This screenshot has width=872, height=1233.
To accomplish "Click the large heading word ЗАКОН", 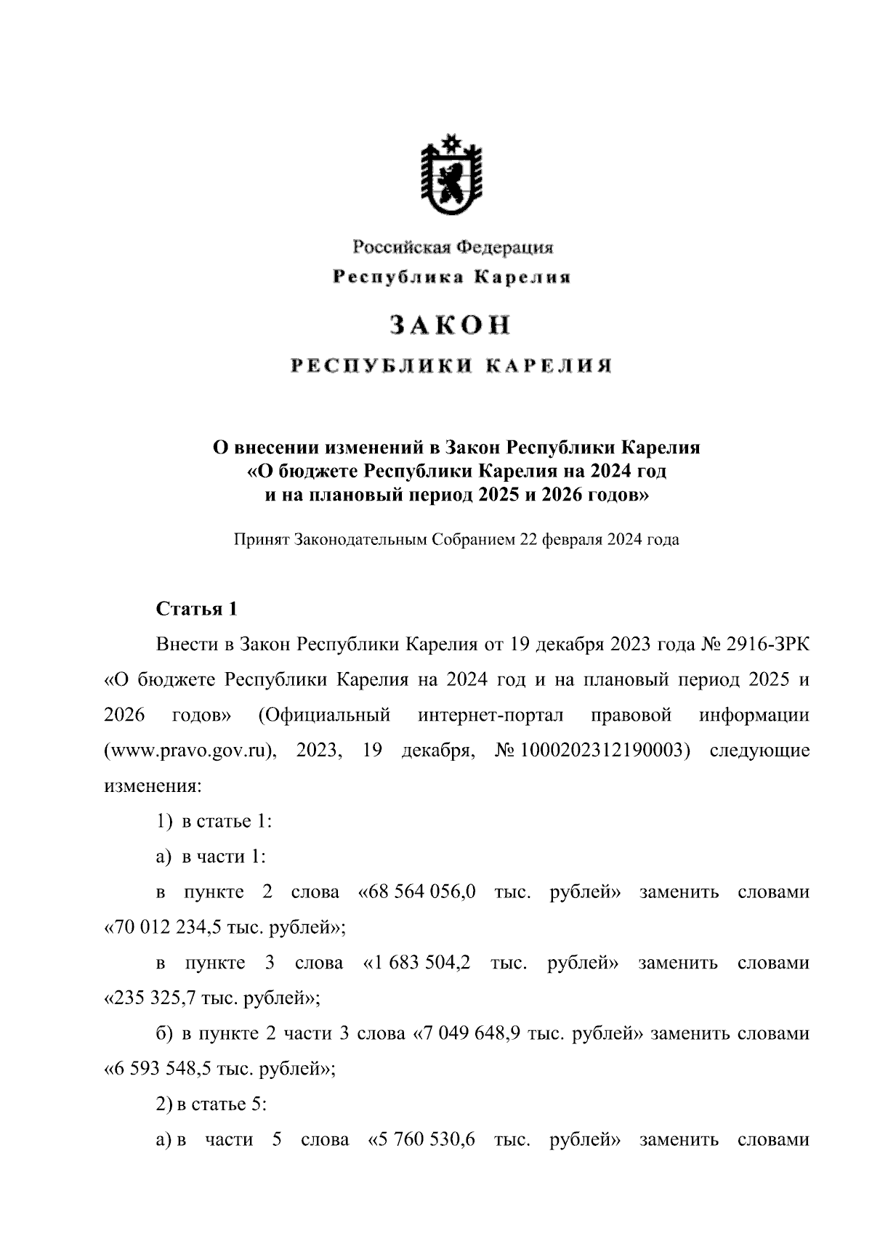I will tap(451, 326).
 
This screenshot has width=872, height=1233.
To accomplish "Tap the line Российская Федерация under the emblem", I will tap(453, 248).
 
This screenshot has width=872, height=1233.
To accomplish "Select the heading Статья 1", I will tap(197, 609).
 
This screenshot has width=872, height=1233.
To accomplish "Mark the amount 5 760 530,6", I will tap(423, 1140).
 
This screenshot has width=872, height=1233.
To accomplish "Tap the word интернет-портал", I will tap(490, 716).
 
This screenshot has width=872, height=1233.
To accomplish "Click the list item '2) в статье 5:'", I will tap(212, 1105).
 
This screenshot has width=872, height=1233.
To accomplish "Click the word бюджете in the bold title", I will tap(317, 472).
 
